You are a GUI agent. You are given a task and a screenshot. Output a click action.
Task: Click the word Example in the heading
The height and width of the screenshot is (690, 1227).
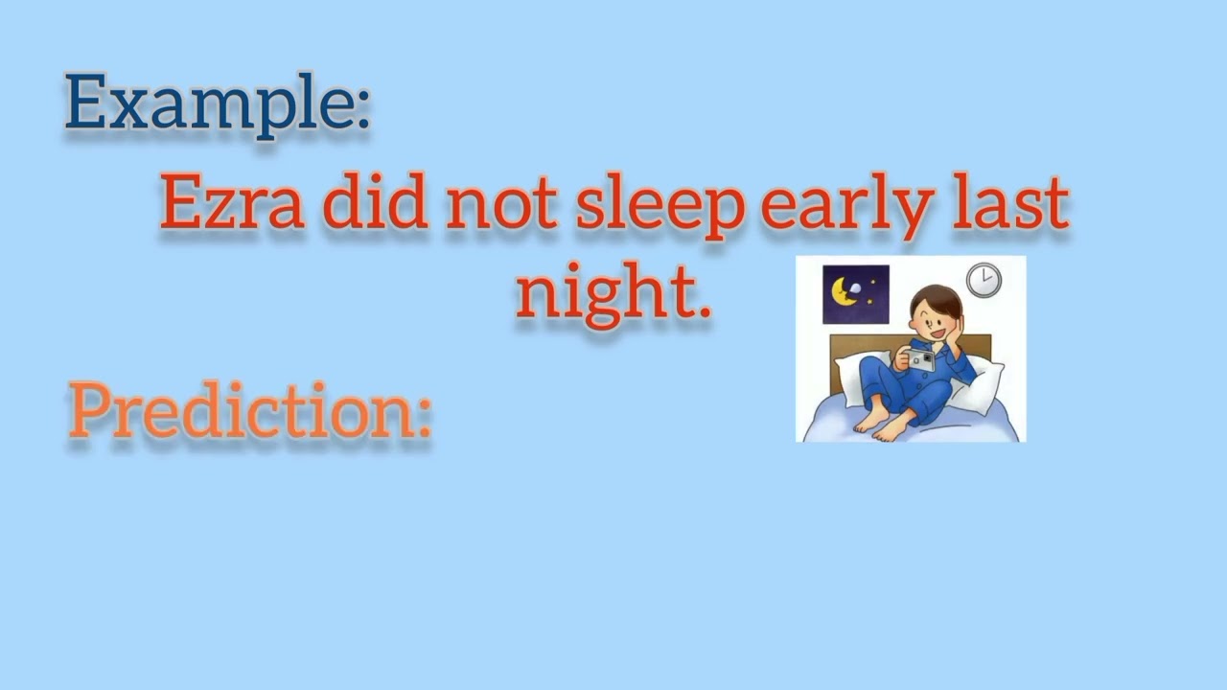point(206,103)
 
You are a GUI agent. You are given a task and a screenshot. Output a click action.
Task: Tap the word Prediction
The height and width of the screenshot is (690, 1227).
point(240,412)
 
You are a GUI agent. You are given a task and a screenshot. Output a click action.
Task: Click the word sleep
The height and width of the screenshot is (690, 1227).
point(660,206)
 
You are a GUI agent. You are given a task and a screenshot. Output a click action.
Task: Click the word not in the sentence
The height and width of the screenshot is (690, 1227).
point(501,204)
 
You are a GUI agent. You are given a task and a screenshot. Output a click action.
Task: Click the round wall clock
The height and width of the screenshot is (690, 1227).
point(983,280)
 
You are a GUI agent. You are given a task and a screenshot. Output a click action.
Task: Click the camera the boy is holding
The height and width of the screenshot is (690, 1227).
point(920,360)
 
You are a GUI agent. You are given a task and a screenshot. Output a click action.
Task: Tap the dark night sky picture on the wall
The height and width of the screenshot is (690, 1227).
point(856,294)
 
